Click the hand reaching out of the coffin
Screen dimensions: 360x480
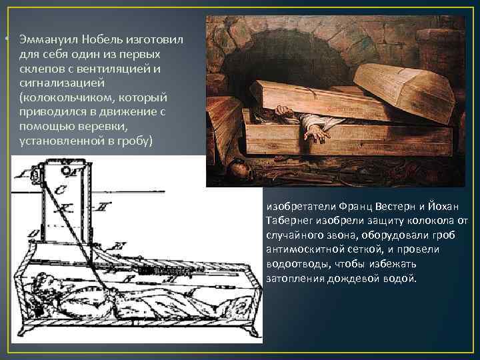317,129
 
